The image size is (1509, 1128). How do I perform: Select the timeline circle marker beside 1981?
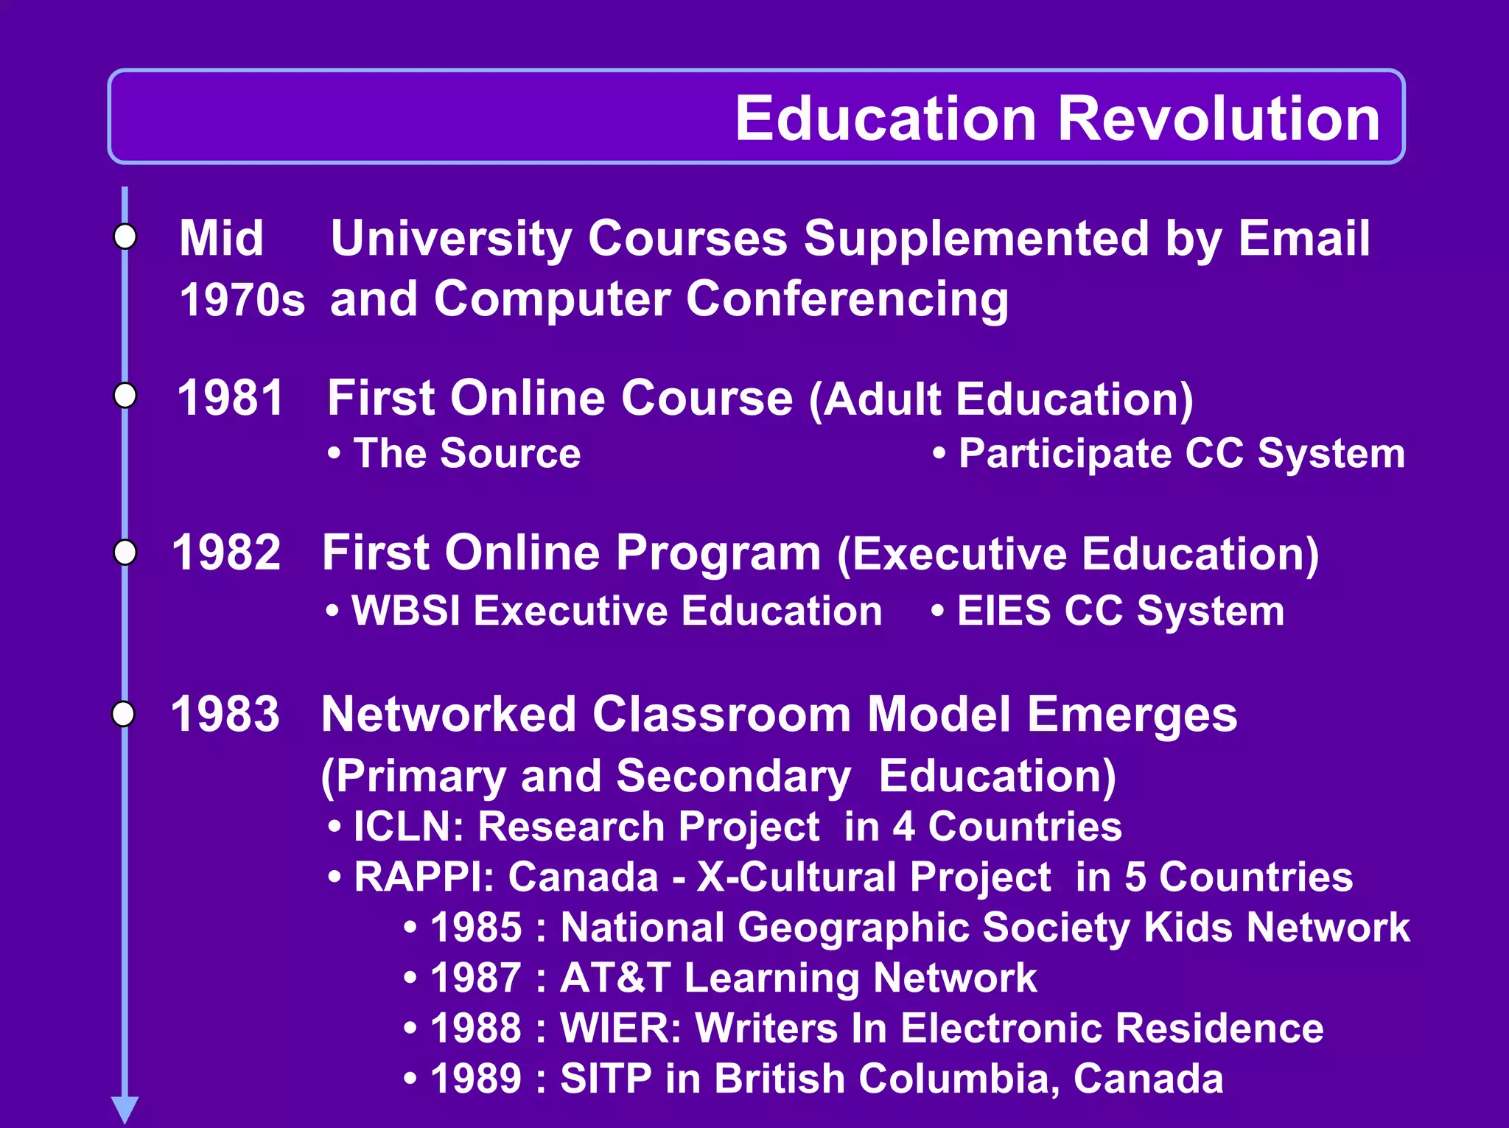(x=125, y=396)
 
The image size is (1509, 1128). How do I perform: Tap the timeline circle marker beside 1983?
(x=124, y=713)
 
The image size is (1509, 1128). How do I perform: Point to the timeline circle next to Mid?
(x=125, y=237)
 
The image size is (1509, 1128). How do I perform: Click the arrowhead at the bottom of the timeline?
(x=125, y=1109)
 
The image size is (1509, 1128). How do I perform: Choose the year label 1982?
(x=226, y=553)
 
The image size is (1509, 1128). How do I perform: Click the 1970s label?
(x=242, y=300)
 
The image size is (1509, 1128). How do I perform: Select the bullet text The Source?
(x=466, y=453)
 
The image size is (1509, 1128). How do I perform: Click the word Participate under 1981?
(x=1065, y=453)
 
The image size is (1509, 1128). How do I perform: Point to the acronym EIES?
(x=1004, y=611)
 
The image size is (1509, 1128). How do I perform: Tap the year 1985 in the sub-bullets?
(x=476, y=927)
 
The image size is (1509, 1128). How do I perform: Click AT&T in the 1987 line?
(x=615, y=978)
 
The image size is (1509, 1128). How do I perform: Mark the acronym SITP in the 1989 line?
(x=606, y=1079)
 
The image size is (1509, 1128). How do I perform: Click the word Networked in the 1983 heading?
(x=449, y=715)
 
